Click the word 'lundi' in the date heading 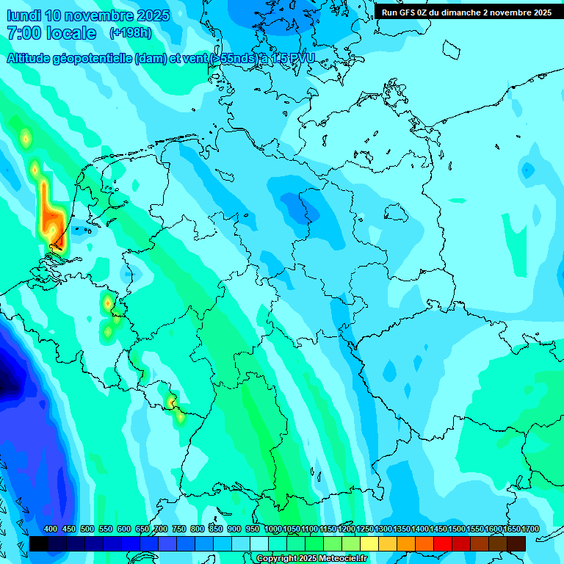click(23, 15)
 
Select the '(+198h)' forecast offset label click(131, 33)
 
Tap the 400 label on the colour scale click(51, 529)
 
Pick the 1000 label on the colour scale click(272, 529)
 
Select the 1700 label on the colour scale click(530, 529)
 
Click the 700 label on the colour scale click(161, 529)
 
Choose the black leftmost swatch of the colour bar click(38, 543)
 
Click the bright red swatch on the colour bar click(442, 543)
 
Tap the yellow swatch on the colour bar click(369, 543)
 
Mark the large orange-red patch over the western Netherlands click(51, 217)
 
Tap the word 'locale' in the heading click(71, 33)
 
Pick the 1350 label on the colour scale click(402, 529)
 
